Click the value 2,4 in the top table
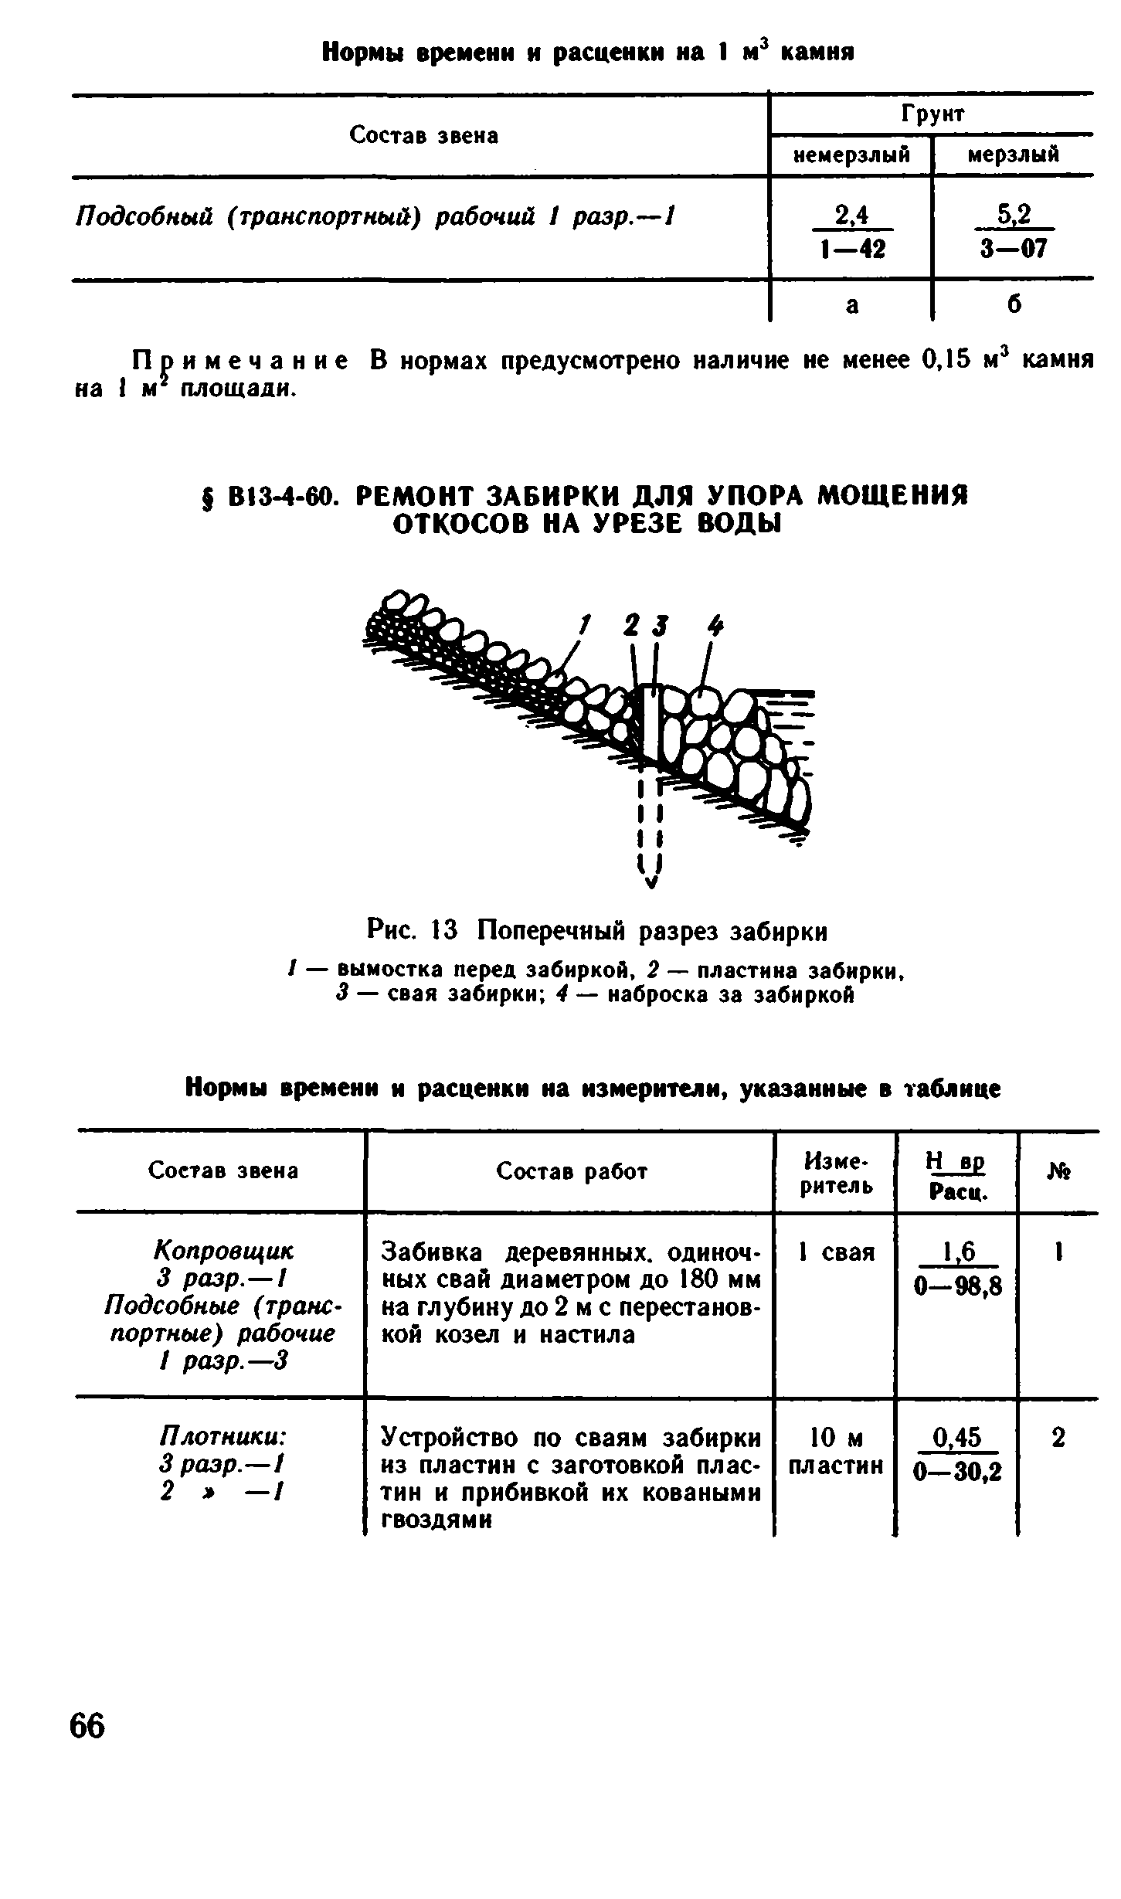click(x=851, y=217)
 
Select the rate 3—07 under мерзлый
click(x=1014, y=250)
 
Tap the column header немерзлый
click(x=851, y=155)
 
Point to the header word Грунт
click(x=933, y=114)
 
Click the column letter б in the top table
click(x=1014, y=304)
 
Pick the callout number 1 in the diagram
click(x=586, y=623)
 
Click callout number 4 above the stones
click(x=716, y=624)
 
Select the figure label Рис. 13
click(x=413, y=932)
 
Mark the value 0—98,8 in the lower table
click(x=957, y=1286)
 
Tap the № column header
click(x=1059, y=1172)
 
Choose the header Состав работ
click(x=571, y=1172)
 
